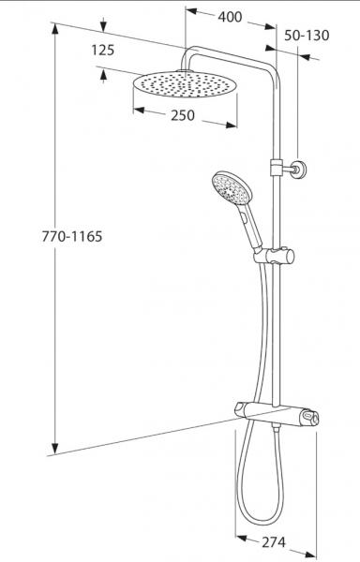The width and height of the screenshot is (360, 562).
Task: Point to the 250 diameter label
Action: pyautogui.click(x=183, y=115)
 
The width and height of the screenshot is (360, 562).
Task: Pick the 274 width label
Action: pyautogui.click(x=273, y=542)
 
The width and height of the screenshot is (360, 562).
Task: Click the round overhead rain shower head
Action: pyautogui.click(x=183, y=85)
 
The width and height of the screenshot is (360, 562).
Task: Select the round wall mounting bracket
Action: pyautogui.click(x=296, y=169)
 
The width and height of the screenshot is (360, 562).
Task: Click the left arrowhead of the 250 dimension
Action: pyautogui.click(x=136, y=109)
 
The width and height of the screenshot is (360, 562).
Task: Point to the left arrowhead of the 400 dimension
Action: pyautogui.click(x=187, y=12)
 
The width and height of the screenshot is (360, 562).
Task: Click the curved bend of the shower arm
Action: pyautogui.click(x=190, y=51)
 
